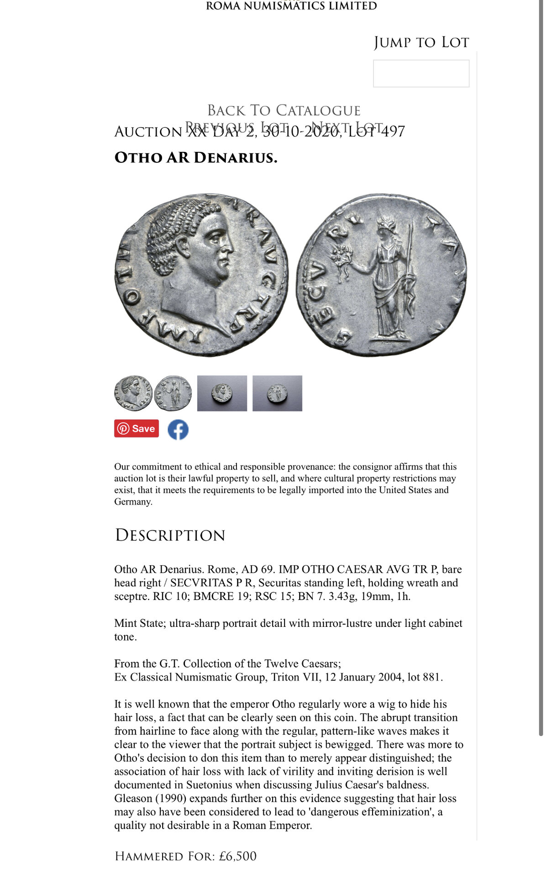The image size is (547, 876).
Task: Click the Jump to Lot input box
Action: click(x=421, y=73)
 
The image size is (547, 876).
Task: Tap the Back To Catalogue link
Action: click(x=284, y=110)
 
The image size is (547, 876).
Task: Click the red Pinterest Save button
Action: click(x=137, y=428)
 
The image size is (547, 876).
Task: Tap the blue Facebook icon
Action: click(x=178, y=429)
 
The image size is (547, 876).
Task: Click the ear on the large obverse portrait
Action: click(x=184, y=246)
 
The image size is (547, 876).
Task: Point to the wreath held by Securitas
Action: click(x=341, y=256)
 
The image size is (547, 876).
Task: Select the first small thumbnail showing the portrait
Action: click(x=133, y=393)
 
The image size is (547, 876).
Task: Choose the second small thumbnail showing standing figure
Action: click(x=173, y=393)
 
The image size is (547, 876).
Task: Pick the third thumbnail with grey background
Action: click(x=222, y=393)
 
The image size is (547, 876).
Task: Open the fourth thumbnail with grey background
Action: click(x=277, y=393)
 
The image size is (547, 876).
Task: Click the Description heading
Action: click(x=170, y=535)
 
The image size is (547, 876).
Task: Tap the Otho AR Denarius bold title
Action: click(x=195, y=157)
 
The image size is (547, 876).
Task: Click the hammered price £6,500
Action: click(x=237, y=856)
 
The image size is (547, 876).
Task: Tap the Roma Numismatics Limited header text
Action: click(x=291, y=6)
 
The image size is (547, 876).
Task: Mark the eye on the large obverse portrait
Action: click(x=215, y=236)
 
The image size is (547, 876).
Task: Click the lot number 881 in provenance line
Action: click(x=431, y=677)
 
